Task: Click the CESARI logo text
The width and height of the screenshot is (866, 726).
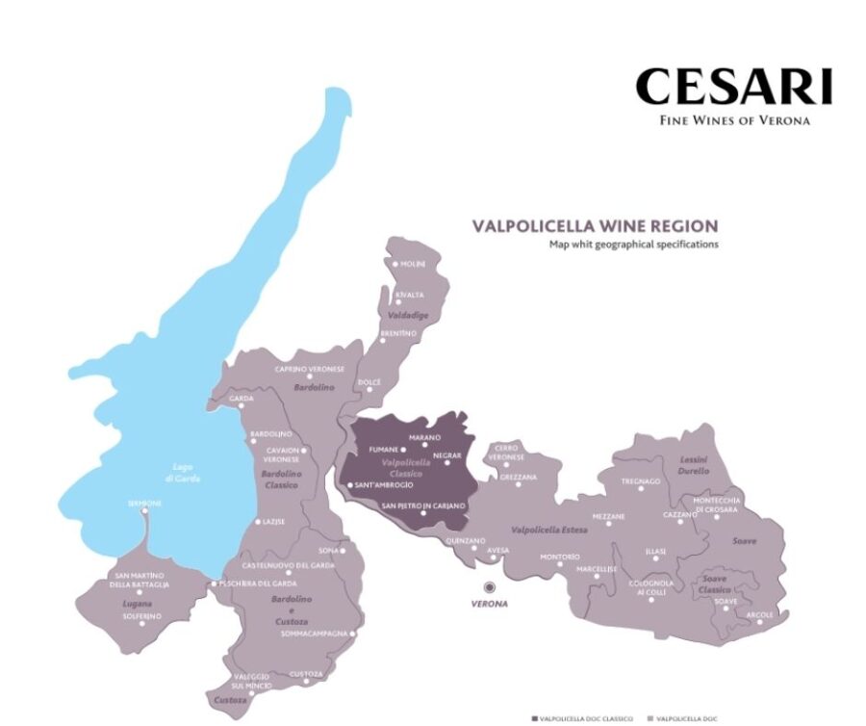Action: click(733, 87)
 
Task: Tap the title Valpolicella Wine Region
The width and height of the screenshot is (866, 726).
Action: click(594, 226)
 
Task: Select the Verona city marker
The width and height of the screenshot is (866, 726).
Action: click(489, 586)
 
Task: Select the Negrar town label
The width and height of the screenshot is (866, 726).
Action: click(447, 454)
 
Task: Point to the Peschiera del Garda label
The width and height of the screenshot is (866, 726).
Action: click(252, 583)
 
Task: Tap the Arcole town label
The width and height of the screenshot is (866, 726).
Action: click(759, 614)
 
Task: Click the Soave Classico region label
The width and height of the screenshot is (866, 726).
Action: click(714, 583)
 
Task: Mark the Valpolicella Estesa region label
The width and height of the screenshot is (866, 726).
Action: click(549, 530)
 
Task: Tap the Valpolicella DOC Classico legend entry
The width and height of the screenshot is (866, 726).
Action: click(588, 719)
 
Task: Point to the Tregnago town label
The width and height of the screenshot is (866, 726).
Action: click(641, 481)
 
